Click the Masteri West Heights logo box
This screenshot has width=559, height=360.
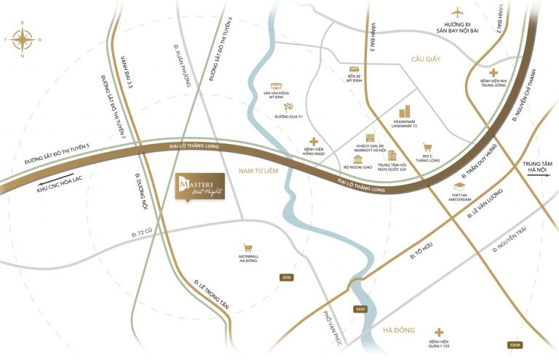(x=200, y=186)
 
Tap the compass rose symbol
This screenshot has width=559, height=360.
(x=22, y=39)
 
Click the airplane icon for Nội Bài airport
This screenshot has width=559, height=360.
(x=457, y=12)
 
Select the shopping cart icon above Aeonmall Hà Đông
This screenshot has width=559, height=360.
(x=249, y=247)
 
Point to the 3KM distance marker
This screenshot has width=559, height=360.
(x=287, y=278)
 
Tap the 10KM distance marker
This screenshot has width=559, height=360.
(x=514, y=344)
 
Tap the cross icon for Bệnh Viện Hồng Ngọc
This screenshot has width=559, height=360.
(x=314, y=142)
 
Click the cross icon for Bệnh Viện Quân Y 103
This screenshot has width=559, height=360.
(x=439, y=331)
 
